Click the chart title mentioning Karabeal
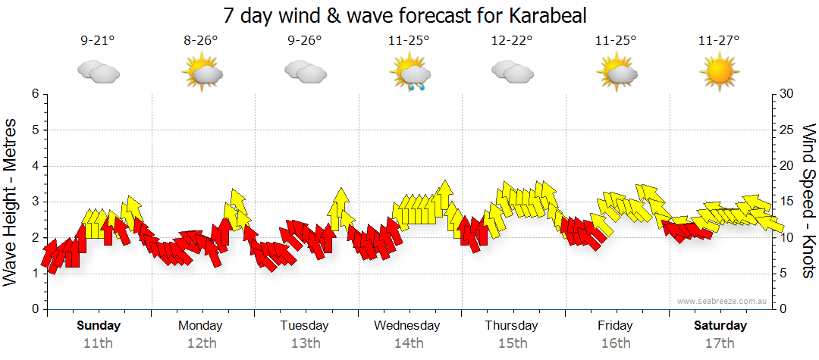(x=405, y=15)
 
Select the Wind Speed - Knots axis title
(x=808, y=201)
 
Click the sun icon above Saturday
(x=719, y=74)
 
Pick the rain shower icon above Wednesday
(x=410, y=74)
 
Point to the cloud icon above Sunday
(x=98, y=73)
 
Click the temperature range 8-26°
(x=201, y=41)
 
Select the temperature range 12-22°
(x=512, y=41)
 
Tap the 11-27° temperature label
(x=719, y=41)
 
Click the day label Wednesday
(x=407, y=326)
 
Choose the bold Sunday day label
(x=99, y=326)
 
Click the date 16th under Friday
(x=615, y=343)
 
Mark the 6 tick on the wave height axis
(x=34, y=94)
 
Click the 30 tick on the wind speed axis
(x=787, y=94)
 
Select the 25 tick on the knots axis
(x=787, y=130)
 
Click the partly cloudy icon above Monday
(x=201, y=74)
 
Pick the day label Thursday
(x=512, y=326)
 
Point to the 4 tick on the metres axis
(x=34, y=166)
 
